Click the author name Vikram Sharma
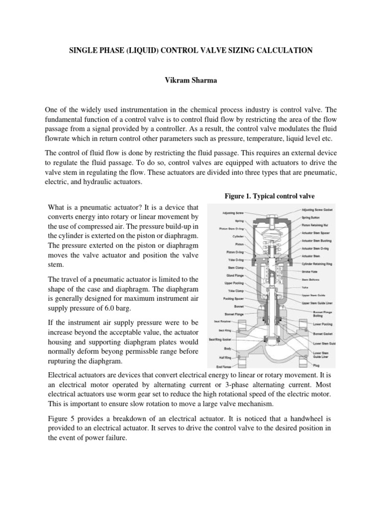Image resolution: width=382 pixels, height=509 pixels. tap(191, 80)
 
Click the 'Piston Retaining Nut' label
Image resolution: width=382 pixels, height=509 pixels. tap(319, 226)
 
